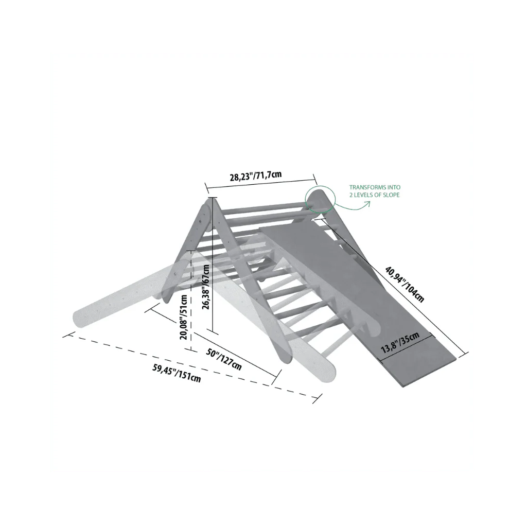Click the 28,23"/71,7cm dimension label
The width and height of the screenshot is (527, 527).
point(255,176)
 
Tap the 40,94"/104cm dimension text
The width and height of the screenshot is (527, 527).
point(405,284)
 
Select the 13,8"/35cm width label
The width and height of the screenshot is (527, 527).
point(400,342)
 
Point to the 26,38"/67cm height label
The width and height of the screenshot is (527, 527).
point(206,287)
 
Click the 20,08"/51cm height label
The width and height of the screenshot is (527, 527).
point(184,317)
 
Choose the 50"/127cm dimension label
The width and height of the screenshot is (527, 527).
point(223,359)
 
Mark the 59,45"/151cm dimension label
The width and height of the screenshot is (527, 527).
point(177,373)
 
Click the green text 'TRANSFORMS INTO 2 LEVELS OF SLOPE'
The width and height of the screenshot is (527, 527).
point(375,191)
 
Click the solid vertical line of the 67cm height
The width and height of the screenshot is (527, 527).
point(213,266)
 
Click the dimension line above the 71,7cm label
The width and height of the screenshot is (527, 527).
point(261,182)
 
